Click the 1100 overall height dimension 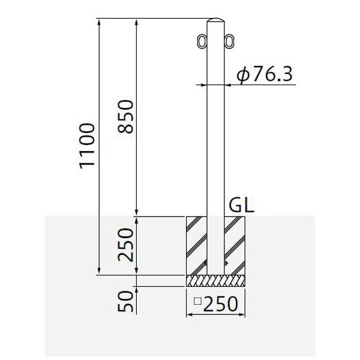click(x=87, y=146)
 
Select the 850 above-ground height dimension click(x=125, y=116)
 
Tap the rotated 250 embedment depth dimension click(x=125, y=245)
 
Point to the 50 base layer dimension click(x=125, y=301)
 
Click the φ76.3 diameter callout click(x=265, y=74)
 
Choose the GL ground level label click(x=242, y=205)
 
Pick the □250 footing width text click(x=216, y=304)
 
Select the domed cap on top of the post click(x=215, y=20)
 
